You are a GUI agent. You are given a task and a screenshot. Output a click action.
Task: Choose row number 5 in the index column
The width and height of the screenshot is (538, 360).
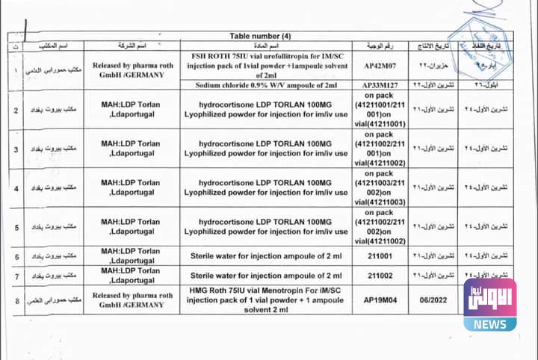(x=16, y=226)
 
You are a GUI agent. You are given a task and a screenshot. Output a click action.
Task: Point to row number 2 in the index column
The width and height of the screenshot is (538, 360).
(x=16, y=111)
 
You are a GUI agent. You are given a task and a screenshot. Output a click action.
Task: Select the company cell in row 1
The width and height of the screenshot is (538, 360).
(x=133, y=69)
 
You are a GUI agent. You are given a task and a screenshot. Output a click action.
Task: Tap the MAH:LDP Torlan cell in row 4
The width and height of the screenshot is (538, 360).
(x=131, y=187)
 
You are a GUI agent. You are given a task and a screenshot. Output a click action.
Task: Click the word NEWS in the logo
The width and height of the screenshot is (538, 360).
(x=489, y=324)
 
